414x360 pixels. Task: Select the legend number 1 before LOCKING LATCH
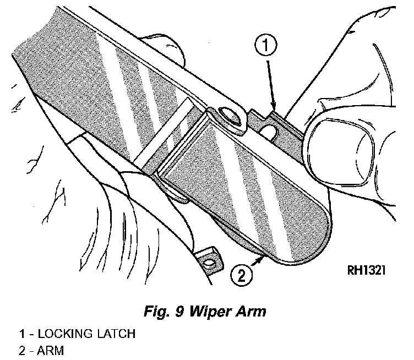pos(21,334)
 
